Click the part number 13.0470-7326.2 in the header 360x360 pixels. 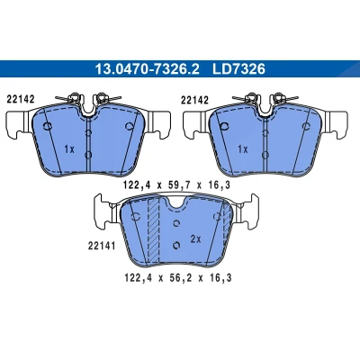click(x=147, y=69)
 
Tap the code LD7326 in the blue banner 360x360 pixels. click(x=238, y=69)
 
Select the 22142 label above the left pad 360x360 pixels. click(x=21, y=99)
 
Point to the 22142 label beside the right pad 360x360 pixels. click(x=194, y=100)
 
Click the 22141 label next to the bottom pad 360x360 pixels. click(x=102, y=246)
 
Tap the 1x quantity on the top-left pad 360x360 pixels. click(x=69, y=149)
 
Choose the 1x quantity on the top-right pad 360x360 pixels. click(x=243, y=149)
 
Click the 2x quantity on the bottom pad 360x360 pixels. click(x=195, y=239)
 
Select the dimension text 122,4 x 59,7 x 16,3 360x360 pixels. click(x=177, y=185)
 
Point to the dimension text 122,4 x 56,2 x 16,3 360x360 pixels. click(x=178, y=278)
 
